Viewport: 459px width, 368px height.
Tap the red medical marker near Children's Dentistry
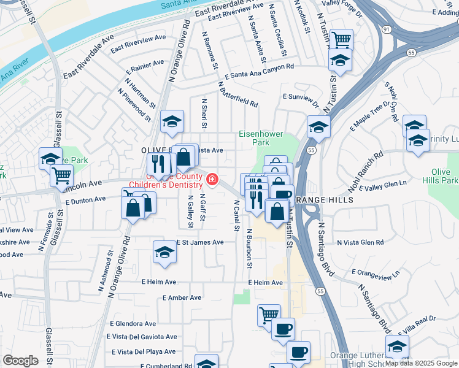tap(212, 179)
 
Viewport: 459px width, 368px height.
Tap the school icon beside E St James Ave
tap(164, 251)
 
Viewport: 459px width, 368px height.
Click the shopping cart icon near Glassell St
tap(61, 175)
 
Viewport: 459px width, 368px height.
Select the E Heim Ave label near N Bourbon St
tap(265, 283)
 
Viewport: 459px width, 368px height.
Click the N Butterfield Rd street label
tap(237, 94)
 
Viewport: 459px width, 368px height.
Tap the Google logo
tap(20, 360)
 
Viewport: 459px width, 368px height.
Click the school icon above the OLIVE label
tap(172, 122)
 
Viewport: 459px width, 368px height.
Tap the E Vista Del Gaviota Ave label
tap(142, 337)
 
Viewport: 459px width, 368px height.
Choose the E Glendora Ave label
tap(133, 323)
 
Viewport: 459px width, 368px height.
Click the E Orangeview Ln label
tap(375, 272)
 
